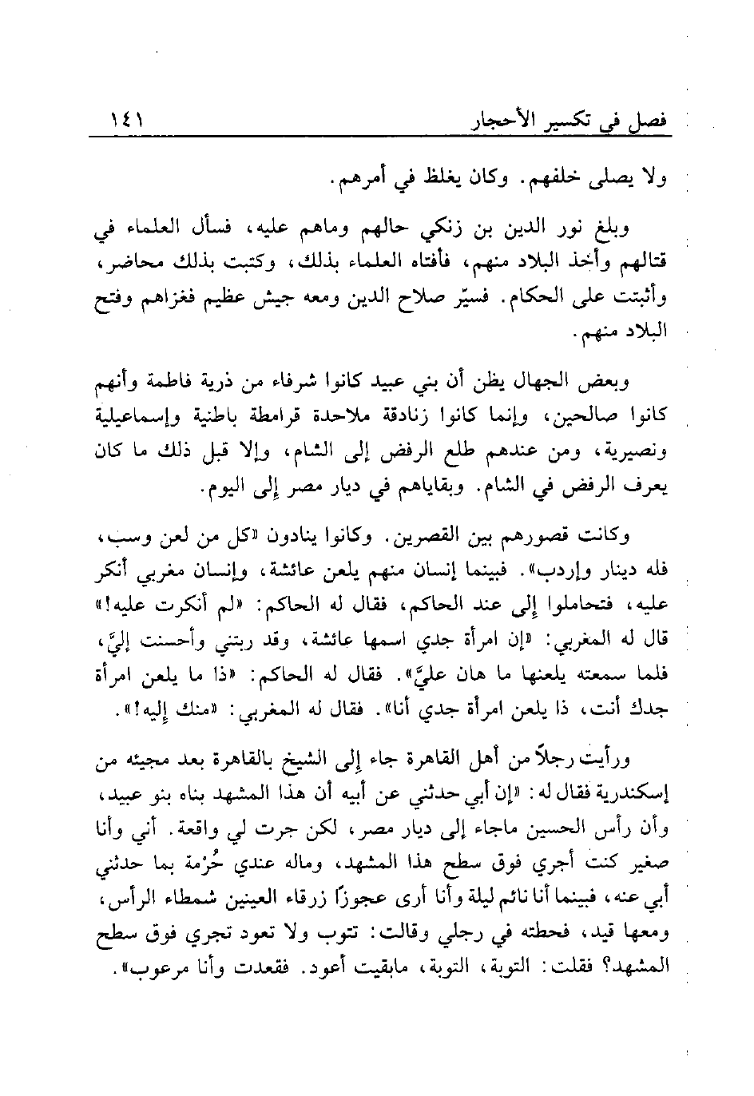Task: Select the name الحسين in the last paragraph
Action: tap(559, 828)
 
